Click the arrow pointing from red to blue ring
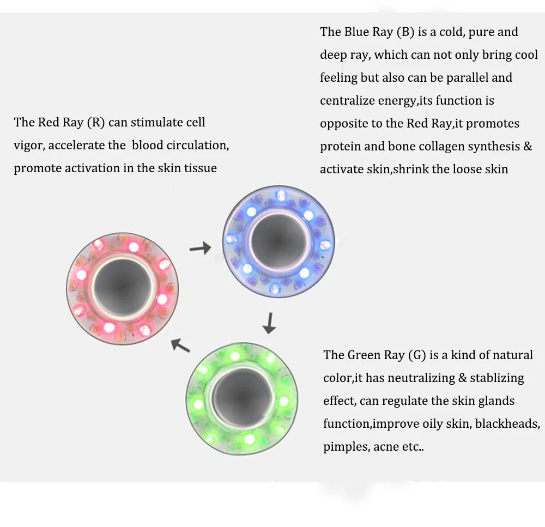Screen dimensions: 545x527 pyautogui.click(x=199, y=249)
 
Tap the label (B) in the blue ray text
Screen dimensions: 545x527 pyautogui.click(x=405, y=32)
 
